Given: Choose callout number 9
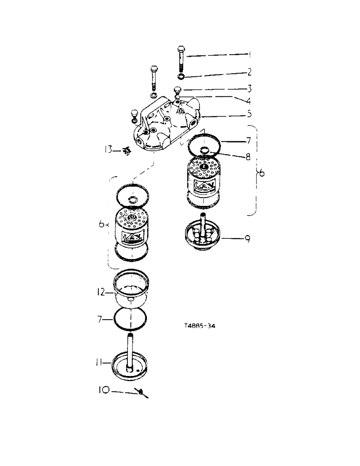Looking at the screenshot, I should (248, 240).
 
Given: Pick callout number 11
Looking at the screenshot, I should (100, 361).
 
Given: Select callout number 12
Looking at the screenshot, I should (101, 293).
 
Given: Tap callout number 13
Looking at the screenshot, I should (108, 150).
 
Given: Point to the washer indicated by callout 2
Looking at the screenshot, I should (180, 76).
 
